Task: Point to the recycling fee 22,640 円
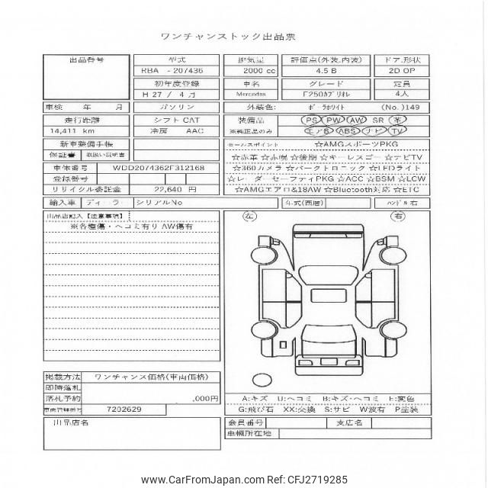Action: point(177,189)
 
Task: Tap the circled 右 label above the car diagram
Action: point(396,216)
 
